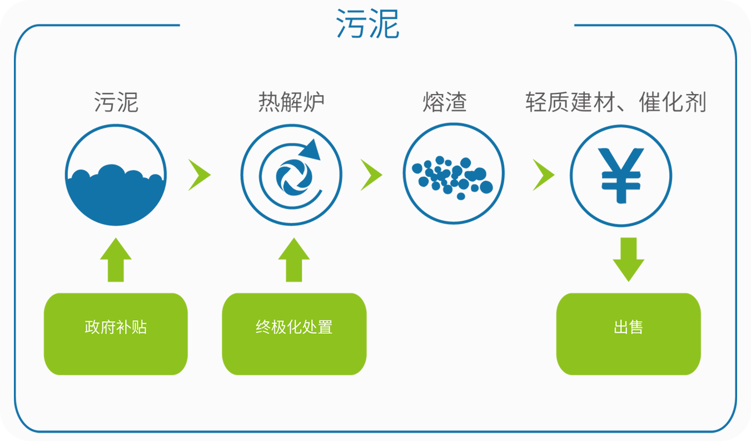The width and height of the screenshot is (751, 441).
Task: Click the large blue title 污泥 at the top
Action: click(367, 25)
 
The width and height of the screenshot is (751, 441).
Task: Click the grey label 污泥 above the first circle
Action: click(116, 103)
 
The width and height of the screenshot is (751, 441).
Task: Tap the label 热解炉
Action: click(291, 103)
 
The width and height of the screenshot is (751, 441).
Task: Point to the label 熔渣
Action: click(445, 103)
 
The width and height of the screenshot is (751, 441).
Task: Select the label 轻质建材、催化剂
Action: click(615, 103)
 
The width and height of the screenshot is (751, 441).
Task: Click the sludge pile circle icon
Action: click(116, 175)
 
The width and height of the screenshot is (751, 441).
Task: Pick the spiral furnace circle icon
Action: click(291, 175)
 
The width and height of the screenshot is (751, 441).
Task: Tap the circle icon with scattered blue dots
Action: click(453, 175)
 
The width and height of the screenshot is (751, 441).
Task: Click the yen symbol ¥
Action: click(621, 175)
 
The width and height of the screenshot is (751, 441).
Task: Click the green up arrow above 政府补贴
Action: click(116, 260)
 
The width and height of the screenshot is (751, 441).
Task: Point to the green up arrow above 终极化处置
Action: click(294, 260)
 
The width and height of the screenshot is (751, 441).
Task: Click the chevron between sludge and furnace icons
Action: click(199, 175)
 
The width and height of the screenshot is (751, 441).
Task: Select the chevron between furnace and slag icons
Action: click(371, 175)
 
